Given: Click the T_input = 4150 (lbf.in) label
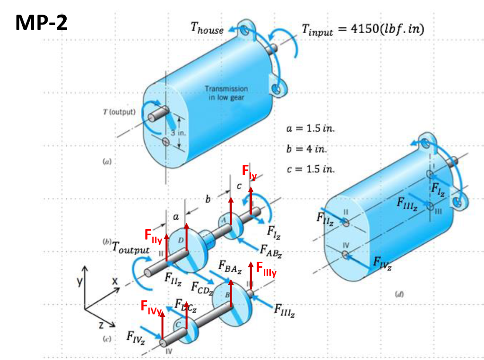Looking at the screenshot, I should [x=363, y=29].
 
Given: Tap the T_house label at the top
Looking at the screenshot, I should [x=207, y=29].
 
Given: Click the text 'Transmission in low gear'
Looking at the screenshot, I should [x=226, y=93].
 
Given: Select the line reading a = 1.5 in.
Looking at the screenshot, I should [x=311, y=129].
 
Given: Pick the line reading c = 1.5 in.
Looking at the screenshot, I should [x=310, y=169].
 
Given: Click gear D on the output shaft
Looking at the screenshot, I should [x=181, y=241].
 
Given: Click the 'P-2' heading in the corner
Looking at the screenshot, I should [x=53, y=22].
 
